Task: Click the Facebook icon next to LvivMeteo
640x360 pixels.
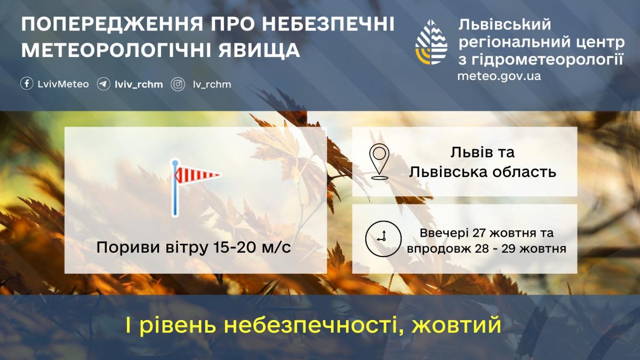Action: point(27,84)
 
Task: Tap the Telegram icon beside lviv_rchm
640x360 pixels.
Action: point(103,84)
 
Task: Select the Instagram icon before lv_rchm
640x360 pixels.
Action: point(178,84)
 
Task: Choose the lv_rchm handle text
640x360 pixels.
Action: point(212,84)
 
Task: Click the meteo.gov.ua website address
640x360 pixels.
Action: point(499,76)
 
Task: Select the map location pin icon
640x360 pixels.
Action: point(379,162)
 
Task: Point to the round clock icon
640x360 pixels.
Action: point(382,238)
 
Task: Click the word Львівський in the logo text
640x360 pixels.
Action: point(505,24)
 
